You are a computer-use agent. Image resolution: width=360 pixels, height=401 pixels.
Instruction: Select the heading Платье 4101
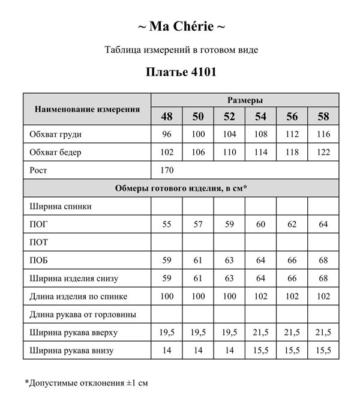pos(181,72)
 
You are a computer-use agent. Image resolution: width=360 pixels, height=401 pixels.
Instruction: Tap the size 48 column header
pos(167,116)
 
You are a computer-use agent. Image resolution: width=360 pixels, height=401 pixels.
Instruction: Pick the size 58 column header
pos(323,116)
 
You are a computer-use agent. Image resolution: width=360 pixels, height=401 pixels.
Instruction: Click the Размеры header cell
pos(245,100)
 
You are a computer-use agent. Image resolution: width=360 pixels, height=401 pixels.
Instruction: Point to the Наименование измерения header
pos(88,109)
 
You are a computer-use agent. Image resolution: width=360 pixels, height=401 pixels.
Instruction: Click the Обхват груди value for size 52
pos(229,134)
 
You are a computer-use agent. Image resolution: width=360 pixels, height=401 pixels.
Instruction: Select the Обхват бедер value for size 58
pos(323,152)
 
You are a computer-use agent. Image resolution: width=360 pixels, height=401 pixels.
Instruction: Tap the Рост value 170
pos(167,170)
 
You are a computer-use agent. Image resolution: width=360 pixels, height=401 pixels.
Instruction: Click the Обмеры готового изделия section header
pos(181,188)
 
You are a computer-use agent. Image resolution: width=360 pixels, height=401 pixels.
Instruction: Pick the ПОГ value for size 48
pos(167,225)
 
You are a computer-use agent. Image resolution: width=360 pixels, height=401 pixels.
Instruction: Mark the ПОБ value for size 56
pos(292,261)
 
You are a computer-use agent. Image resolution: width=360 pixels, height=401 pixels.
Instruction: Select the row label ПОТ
pos(39,243)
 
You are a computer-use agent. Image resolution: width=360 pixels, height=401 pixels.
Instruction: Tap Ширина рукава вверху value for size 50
pos(198,333)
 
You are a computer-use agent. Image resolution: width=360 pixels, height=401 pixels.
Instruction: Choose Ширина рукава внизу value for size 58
pos(323,351)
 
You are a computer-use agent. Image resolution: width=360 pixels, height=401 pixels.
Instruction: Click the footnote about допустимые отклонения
pos(86,382)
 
